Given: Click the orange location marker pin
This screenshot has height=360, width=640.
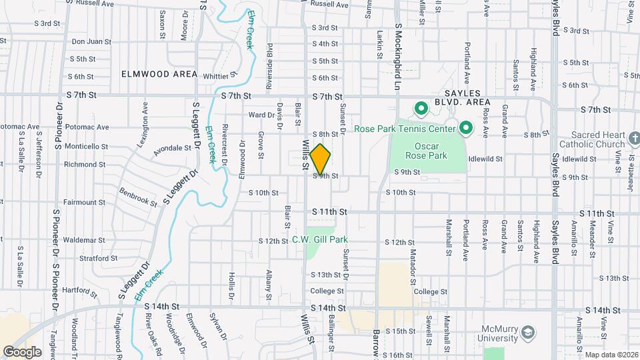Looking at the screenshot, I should [320, 159].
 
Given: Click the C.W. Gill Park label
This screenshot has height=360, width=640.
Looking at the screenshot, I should [329, 239].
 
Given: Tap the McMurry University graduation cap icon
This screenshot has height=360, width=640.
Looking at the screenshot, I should [527, 332].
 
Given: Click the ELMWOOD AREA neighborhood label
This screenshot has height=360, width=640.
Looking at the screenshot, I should [159, 74].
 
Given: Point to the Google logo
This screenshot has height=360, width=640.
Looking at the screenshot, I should [23, 351].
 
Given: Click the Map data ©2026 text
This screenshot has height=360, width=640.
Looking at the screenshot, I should [611, 355].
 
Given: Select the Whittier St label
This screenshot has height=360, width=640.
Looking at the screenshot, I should [219, 75].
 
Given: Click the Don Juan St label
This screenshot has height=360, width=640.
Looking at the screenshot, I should [91, 41].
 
